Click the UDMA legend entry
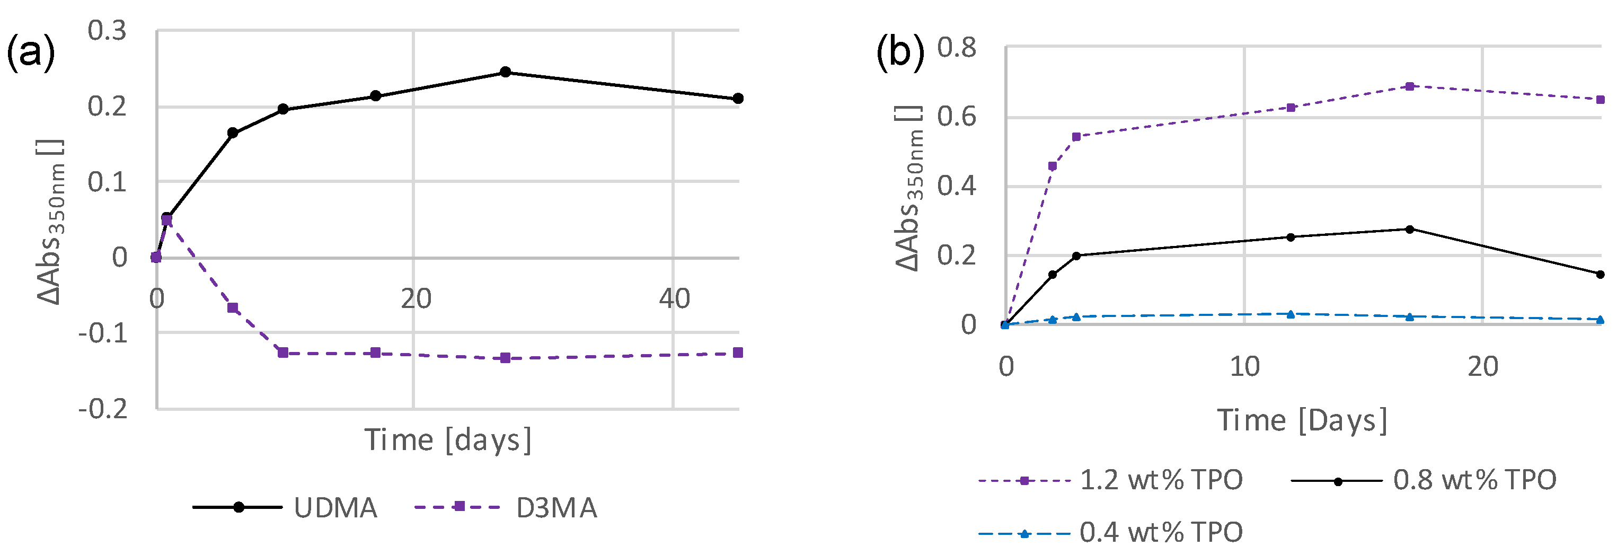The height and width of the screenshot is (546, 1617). point(286,507)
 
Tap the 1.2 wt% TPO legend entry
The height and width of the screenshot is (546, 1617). point(1111,481)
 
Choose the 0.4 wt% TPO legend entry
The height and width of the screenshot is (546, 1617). point(1111,533)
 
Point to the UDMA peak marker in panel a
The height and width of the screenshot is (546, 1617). point(505,72)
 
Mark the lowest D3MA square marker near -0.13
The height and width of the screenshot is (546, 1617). point(505,358)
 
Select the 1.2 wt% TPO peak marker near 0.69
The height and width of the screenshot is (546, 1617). point(1409,86)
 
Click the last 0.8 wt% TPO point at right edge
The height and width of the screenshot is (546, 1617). point(1600,274)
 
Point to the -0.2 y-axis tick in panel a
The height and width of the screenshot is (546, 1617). point(103,409)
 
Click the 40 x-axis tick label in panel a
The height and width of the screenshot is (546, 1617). point(674,299)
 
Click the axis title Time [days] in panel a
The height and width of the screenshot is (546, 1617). point(448,440)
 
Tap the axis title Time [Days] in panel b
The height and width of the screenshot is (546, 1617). point(1303,420)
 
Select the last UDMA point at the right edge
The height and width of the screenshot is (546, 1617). point(738,99)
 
